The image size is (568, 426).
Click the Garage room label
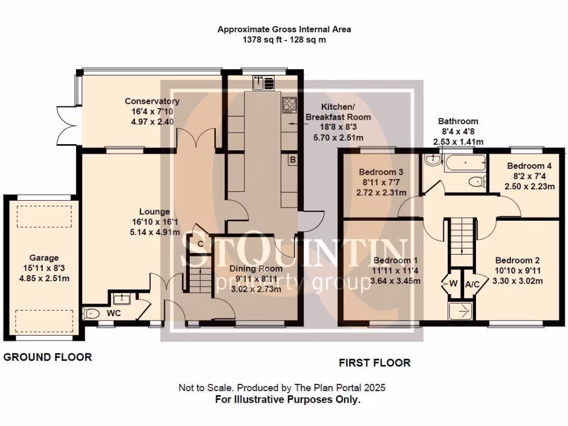[44, 257]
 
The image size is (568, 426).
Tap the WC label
[114, 313]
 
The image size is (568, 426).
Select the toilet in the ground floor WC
[91, 314]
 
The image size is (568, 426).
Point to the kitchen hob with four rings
[290, 104]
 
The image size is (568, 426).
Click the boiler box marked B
[292, 160]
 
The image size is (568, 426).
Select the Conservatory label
[152, 101]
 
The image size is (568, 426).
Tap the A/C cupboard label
[473, 284]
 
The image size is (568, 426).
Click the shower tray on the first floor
[460, 311]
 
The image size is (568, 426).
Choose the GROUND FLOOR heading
[48, 357]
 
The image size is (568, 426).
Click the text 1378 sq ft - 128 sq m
[284, 40]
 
